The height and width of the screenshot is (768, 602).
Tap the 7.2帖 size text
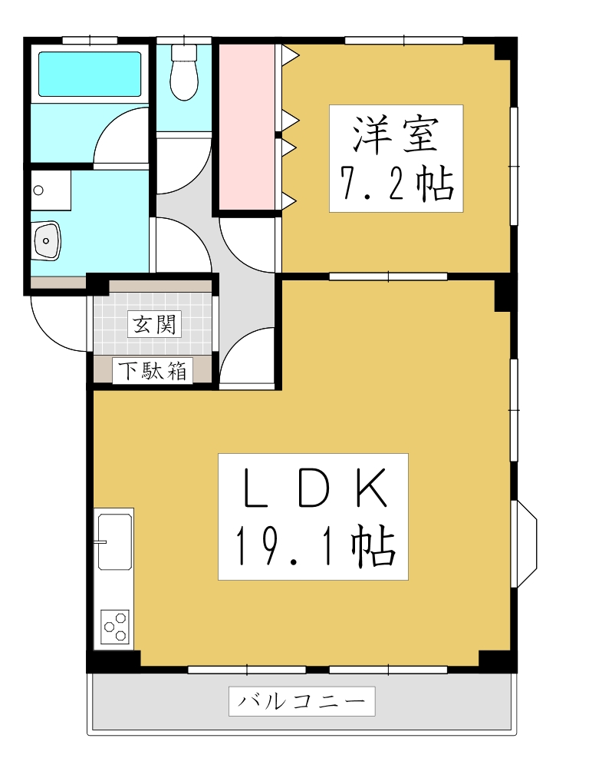[x=396, y=184]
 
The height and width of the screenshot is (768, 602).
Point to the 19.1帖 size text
[x=313, y=547]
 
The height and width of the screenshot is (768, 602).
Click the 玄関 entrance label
[x=153, y=325]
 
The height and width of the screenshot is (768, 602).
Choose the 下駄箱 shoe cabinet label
[x=153, y=372]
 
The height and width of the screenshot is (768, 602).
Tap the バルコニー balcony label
[x=301, y=701]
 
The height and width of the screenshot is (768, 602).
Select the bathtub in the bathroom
[x=90, y=74]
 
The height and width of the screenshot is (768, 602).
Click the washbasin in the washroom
[x=47, y=240]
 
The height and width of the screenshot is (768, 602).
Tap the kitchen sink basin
[x=115, y=541]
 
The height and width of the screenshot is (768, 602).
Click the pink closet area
[x=247, y=127]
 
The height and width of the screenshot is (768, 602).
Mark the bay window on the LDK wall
[x=525, y=544]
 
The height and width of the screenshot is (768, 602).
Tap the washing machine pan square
[x=51, y=190]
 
